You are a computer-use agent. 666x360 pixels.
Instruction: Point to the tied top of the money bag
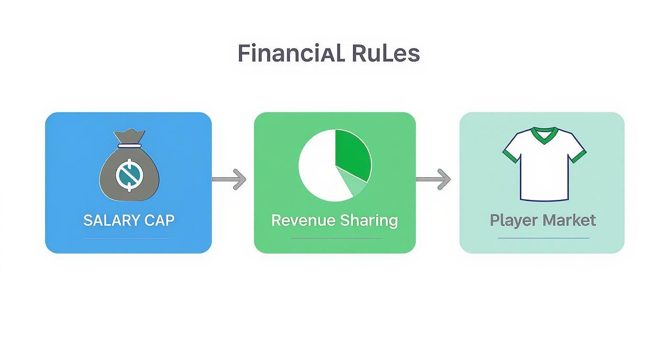click(x=130, y=138)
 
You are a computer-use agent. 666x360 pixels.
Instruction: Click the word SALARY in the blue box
click(x=110, y=220)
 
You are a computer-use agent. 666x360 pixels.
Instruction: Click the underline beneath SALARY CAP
click(x=127, y=238)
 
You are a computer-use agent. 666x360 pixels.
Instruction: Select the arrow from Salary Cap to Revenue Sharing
click(x=229, y=180)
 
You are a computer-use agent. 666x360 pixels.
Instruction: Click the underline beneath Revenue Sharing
click(x=336, y=238)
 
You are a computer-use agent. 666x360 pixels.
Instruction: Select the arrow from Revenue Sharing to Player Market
click(x=433, y=180)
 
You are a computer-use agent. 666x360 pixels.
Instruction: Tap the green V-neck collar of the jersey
click(x=544, y=134)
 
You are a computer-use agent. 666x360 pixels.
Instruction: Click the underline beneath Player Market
click(x=544, y=238)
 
